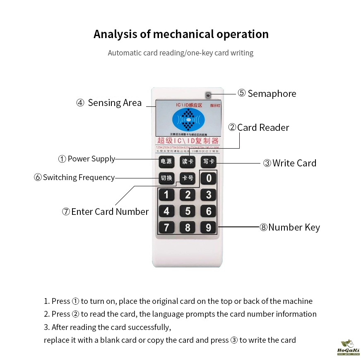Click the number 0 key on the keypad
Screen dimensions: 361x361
coord(209,178)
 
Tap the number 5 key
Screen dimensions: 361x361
coord(188,211)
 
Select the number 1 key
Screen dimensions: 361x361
coord(166,195)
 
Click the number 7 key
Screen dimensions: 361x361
coord(166,227)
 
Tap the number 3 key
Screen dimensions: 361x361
coord(209,195)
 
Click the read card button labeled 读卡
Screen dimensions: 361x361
coord(188,162)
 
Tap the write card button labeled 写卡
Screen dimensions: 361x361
coord(208,162)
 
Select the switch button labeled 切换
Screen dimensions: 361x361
coord(166,178)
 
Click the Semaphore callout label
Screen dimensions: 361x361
coord(267,94)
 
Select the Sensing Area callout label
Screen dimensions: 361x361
coord(109,103)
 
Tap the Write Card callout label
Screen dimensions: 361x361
coord(290,163)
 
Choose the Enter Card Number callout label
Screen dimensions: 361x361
coord(105,212)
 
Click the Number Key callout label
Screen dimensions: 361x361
coord(290,227)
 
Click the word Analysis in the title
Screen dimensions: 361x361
coord(115,34)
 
